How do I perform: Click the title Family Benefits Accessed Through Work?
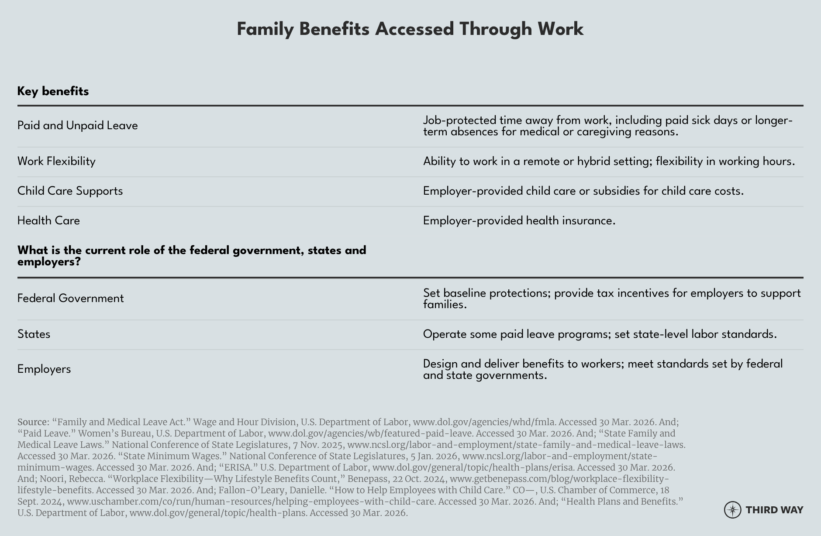[x=410, y=29]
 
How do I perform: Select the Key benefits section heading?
[x=53, y=91]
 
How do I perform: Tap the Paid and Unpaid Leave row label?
[x=77, y=126]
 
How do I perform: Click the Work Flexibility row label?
[x=56, y=161]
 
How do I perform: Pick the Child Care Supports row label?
[x=70, y=191]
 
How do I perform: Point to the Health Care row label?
[x=48, y=221]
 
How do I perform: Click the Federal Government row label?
[x=70, y=299]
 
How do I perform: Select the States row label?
[x=34, y=334]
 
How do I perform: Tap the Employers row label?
[x=44, y=369]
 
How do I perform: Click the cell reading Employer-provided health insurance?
[x=519, y=221]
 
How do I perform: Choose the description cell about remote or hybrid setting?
[x=608, y=161]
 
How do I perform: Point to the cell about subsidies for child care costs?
[x=583, y=191]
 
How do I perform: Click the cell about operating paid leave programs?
[x=600, y=334]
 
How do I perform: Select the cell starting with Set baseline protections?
[x=611, y=299]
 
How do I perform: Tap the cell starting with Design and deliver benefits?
[x=603, y=369]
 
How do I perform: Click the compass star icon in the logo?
[x=732, y=510]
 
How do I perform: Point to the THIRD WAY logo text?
[x=774, y=510]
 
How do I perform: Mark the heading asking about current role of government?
[x=191, y=256]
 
